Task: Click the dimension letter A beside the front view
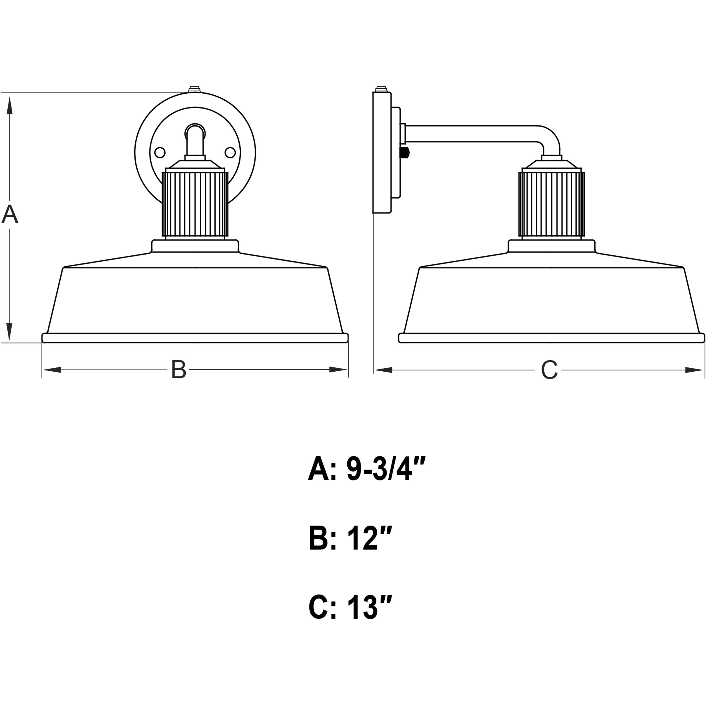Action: pos(10,215)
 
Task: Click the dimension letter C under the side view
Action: pos(549,370)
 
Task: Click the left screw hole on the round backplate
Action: pos(160,152)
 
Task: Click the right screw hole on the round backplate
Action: pos(230,152)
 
